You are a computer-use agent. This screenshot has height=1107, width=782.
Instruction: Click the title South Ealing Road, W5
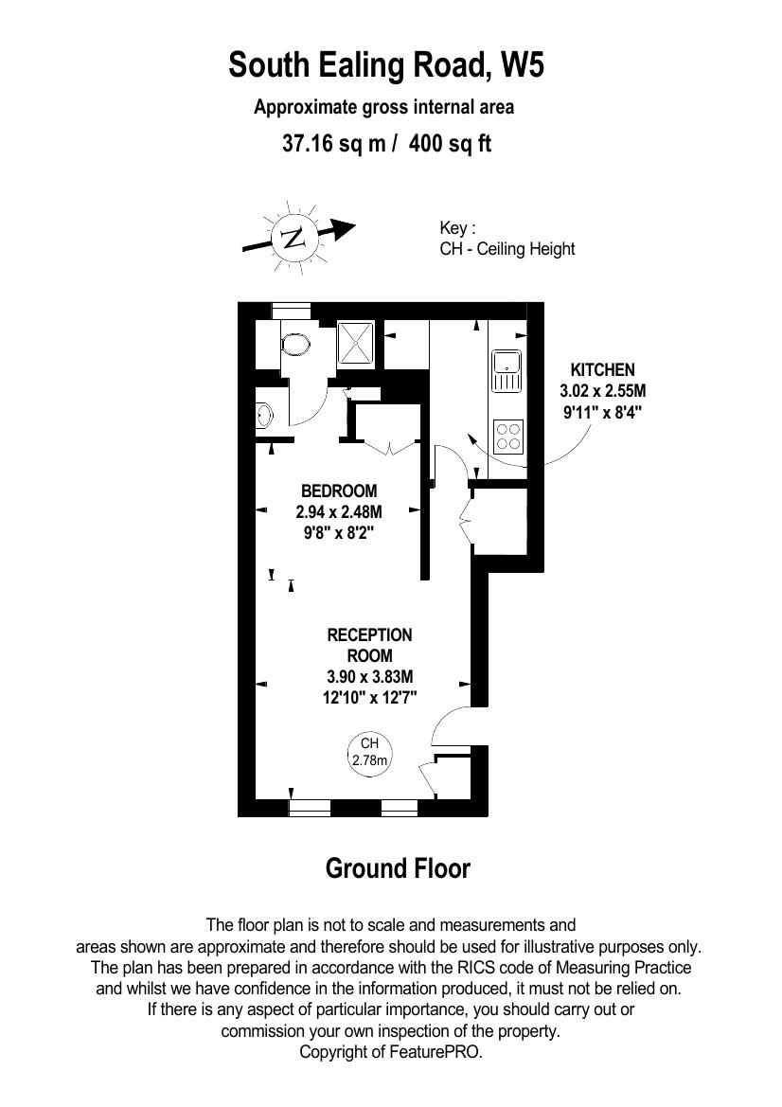click(x=387, y=65)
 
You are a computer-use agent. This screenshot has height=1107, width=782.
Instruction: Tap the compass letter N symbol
click(x=293, y=237)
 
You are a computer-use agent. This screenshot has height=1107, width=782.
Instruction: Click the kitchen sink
click(x=507, y=371)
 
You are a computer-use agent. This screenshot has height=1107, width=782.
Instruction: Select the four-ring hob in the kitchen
click(x=508, y=437)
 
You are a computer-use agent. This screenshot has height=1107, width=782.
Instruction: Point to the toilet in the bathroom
click(x=295, y=346)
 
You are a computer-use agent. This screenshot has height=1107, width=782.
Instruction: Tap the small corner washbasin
click(x=264, y=415)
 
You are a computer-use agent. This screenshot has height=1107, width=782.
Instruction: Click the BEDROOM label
click(x=339, y=491)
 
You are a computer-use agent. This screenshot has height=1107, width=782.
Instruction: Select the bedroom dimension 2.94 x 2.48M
click(x=339, y=511)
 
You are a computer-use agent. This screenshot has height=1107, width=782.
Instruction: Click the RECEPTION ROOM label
click(x=370, y=645)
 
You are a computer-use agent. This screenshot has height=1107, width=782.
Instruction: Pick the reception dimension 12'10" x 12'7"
click(x=370, y=698)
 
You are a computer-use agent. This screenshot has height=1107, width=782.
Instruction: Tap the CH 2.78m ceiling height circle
click(x=370, y=753)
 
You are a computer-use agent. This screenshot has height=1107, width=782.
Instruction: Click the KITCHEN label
click(x=602, y=370)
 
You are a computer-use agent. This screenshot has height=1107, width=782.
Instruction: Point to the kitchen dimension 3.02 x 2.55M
click(x=602, y=390)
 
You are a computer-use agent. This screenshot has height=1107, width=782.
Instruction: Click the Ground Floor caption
click(x=398, y=868)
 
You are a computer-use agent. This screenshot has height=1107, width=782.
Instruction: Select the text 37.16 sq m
click(x=334, y=144)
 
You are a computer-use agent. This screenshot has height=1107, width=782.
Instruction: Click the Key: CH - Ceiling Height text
click(x=507, y=239)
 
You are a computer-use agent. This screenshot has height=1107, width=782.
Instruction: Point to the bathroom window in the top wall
click(x=292, y=307)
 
